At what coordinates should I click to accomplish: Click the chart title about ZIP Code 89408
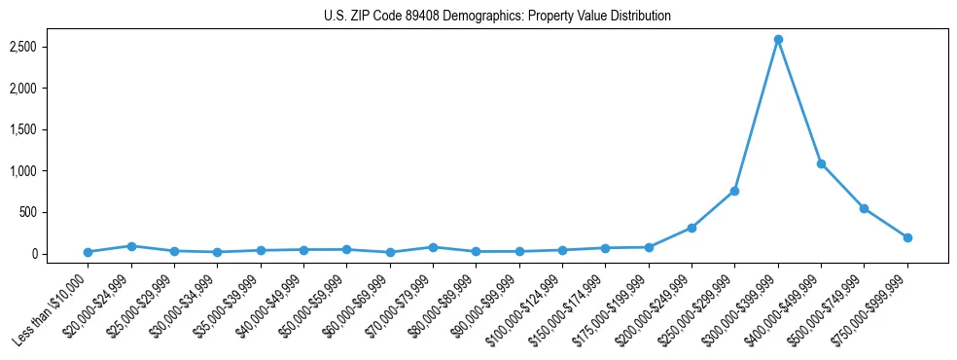pyautogui.click(x=497, y=17)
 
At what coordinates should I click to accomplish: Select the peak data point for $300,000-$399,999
pyautogui.click(x=778, y=40)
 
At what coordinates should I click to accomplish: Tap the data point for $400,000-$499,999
pyautogui.click(x=821, y=163)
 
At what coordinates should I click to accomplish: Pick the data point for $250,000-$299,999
pyautogui.click(x=735, y=191)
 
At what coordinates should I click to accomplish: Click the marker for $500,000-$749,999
pyautogui.click(x=865, y=208)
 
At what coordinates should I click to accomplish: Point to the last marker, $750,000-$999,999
pyautogui.click(x=907, y=237)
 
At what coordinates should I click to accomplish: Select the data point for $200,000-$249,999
pyautogui.click(x=691, y=228)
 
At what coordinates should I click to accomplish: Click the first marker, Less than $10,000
pyautogui.click(x=89, y=252)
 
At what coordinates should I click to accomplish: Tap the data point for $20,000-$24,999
pyautogui.click(x=131, y=246)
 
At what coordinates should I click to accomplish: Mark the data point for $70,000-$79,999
pyautogui.click(x=433, y=247)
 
